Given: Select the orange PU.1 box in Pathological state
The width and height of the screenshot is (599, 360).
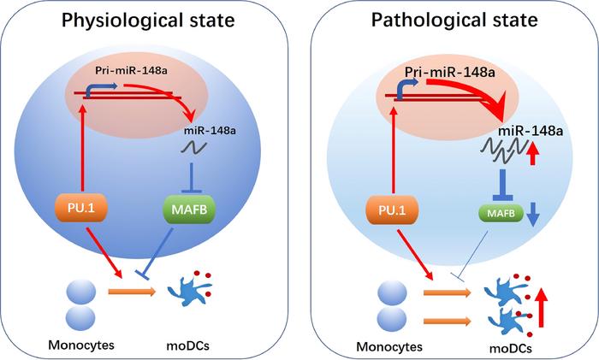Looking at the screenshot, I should pos(394,208).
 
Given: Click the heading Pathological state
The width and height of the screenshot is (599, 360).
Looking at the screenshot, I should pos(454,21).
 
